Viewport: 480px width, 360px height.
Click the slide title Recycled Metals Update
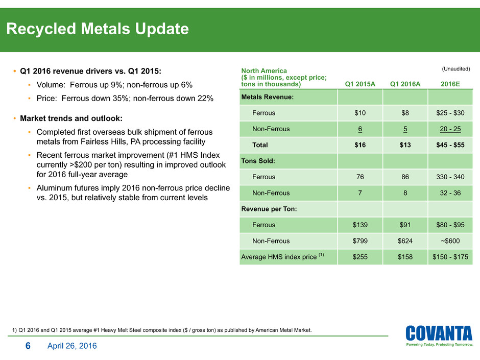pyautogui.click(x=98, y=30)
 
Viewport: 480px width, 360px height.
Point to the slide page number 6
pyautogui.click(x=29, y=346)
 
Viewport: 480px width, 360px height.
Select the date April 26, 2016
pyautogui.click(x=71, y=346)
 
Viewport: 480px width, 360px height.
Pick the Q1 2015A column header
pyautogui.click(x=360, y=84)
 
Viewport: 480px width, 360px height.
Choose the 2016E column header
pyautogui.click(x=450, y=84)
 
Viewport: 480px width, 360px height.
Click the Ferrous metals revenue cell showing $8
pyautogui.click(x=405, y=113)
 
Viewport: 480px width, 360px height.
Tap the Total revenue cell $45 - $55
pyautogui.click(x=450, y=145)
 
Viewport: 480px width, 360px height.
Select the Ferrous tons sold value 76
pyautogui.click(x=360, y=177)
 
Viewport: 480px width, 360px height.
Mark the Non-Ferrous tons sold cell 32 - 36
pyautogui.click(x=450, y=193)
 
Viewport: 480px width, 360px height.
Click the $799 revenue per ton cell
pyautogui.click(x=360, y=241)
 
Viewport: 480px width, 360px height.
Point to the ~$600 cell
pyautogui.click(x=450, y=241)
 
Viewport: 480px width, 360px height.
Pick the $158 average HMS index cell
pyautogui.click(x=405, y=257)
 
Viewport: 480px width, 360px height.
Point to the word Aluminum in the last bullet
pyautogui.click(x=55, y=188)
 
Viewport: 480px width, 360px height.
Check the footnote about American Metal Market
pyautogui.click(x=161, y=330)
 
